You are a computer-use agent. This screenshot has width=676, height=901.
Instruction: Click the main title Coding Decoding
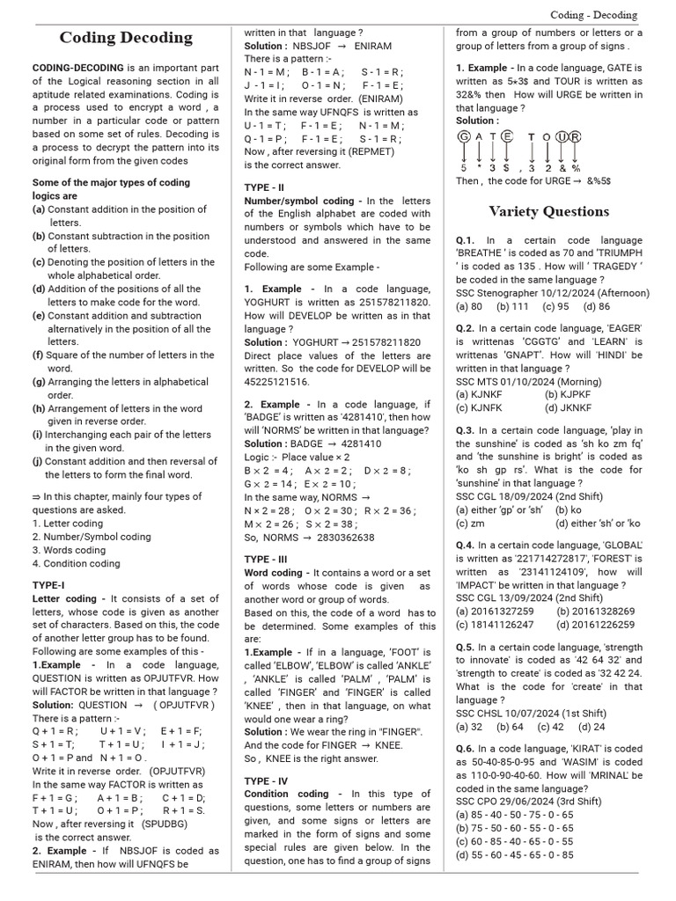click(x=126, y=38)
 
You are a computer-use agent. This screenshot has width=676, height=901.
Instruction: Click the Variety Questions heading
click(x=548, y=211)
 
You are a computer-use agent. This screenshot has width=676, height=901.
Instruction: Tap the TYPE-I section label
click(x=48, y=584)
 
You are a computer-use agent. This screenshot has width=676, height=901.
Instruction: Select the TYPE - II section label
click(x=264, y=187)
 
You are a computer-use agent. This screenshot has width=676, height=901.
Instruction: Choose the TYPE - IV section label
click(x=266, y=780)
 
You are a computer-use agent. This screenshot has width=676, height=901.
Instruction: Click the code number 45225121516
click(x=277, y=382)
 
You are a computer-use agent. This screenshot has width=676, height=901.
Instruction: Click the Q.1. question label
click(x=466, y=240)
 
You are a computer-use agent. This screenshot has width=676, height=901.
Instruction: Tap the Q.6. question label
click(x=466, y=748)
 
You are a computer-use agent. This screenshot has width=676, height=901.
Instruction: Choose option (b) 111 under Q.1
click(x=511, y=306)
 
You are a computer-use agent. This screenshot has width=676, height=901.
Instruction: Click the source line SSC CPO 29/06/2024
click(x=529, y=802)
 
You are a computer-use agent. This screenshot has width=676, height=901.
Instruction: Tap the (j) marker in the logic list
click(x=38, y=461)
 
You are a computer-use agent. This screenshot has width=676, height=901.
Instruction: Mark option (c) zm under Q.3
click(x=470, y=523)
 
